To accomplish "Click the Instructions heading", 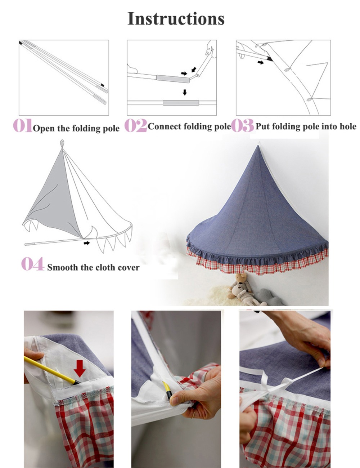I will point(176,19).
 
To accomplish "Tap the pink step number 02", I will point(135,125).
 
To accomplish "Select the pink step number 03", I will point(242,125).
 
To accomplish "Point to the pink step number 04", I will point(32,264).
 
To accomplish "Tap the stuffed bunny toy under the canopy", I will point(240,288).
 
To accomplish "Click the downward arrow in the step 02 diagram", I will point(185,92).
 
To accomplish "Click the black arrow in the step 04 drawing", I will point(87,243).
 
